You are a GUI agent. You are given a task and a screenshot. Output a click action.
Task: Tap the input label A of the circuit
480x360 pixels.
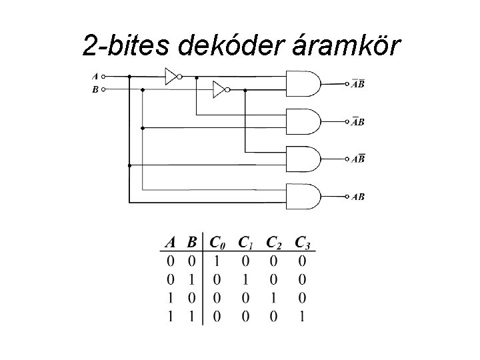[x=95, y=76]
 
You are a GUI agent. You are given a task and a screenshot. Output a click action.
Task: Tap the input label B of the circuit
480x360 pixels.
[x=95, y=89]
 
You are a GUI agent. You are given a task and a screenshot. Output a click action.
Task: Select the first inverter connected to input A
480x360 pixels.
[x=173, y=76]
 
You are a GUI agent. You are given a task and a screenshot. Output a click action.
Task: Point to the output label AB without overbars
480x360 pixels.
[x=359, y=197]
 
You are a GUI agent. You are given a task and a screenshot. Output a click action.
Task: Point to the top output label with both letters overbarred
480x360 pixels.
[x=359, y=85]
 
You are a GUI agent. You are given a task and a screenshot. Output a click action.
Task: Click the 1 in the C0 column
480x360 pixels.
[x=215, y=260]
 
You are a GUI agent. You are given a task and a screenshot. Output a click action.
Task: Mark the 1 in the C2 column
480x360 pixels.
[x=273, y=297]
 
